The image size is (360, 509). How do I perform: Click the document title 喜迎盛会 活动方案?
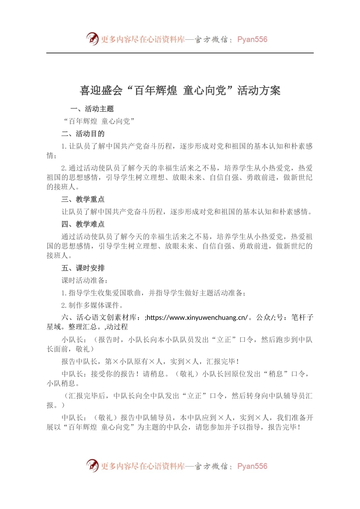coord(180,91)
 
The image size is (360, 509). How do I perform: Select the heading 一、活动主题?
coord(92,109)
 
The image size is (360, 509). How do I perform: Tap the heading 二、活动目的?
coord(83,134)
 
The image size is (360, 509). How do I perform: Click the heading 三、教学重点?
coord(83,199)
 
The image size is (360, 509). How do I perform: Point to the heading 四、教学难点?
coord(83,224)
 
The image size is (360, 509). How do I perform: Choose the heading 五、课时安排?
coord(83,268)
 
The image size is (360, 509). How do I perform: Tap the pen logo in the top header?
coord(92,39)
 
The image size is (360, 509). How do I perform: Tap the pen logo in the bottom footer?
coord(92,465)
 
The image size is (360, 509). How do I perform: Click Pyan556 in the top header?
coord(252,39)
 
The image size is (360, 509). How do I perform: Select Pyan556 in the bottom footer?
coord(252,466)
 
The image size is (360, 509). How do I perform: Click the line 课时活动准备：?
coord(85,281)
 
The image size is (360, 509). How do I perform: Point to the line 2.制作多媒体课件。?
coord(92,305)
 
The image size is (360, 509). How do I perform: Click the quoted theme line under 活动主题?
coord(99,121)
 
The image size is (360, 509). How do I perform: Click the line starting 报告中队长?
coord(150,362)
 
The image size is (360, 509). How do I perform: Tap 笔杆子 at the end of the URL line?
coord(302,317)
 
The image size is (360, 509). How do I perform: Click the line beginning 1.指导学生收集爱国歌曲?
coord(153,293)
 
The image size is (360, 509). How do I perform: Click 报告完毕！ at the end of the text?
coord(285,427)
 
